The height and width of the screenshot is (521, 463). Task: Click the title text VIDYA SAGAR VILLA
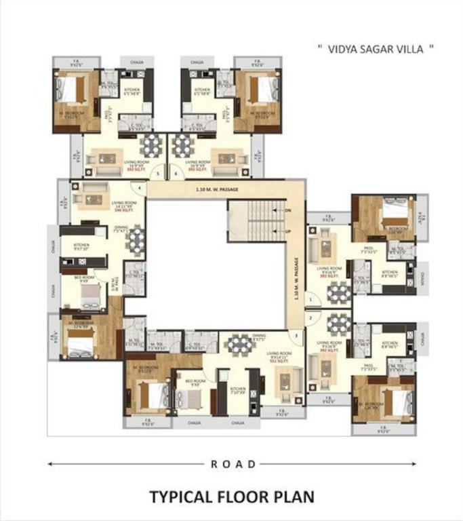(376, 49)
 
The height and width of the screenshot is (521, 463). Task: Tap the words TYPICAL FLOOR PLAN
(232, 497)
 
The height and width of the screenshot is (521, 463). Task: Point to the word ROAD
(233, 465)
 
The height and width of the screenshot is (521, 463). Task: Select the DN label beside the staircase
(287, 210)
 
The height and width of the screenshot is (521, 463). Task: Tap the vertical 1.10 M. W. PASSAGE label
(296, 277)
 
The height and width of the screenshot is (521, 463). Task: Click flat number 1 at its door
(309, 299)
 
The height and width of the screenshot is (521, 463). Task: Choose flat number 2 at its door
(309, 317)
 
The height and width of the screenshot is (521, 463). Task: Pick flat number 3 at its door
(296, 336)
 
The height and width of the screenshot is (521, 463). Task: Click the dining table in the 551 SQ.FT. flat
(239, 345)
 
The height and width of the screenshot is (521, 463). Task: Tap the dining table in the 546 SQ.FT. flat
(137, 239)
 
